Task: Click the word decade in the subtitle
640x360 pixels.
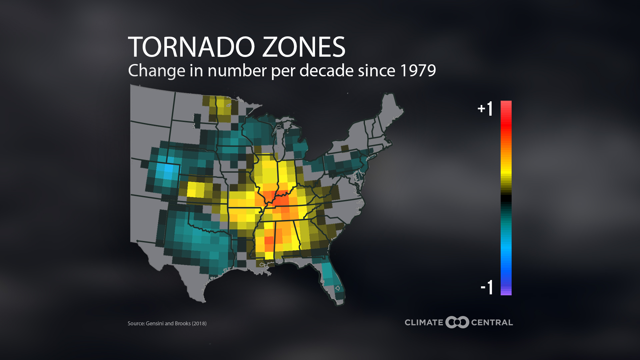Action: click(326, 70)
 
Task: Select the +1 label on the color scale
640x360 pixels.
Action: click(485, 109)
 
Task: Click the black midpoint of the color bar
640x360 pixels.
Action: click(506, 198)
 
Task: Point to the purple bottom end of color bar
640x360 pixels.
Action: click(506, 292)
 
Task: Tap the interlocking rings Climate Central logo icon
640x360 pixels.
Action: click(457, 322)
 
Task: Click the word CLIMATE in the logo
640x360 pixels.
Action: click(424, 323)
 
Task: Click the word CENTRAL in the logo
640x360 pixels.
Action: click(492, 323)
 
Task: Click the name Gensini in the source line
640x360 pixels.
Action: click(154, 323)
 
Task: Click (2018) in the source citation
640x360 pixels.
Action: click(199, 323)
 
